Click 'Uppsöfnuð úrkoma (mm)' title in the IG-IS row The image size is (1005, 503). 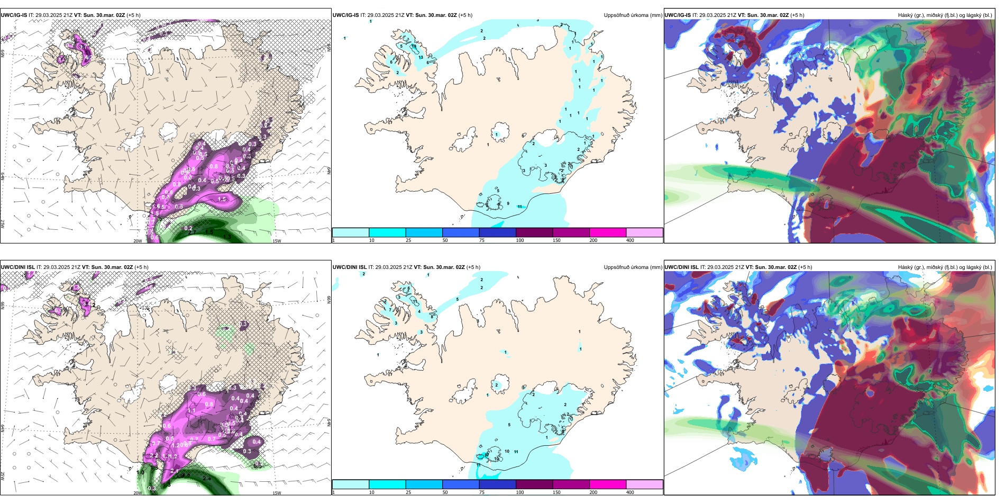[x=633, y=15]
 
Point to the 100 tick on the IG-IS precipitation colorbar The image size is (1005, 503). [x=520, y=240]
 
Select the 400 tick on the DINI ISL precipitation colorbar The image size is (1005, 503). [x=630, y=492]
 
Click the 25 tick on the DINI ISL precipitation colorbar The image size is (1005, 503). [x=408, y=492]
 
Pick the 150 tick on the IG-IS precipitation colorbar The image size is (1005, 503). [x=556, y=240]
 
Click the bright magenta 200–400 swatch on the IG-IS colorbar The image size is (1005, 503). [x=608, y=232]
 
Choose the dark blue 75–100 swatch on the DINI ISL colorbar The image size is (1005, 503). [x=497, y=484]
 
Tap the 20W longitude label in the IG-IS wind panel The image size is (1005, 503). [x=138, y=241]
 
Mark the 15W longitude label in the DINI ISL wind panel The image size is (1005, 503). [x=277, y=493]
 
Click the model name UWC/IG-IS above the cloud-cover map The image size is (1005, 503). [x=678, y=15]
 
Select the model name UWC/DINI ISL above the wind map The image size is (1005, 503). [x=17, y=267]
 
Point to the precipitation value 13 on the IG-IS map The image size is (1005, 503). [x=421, y=57]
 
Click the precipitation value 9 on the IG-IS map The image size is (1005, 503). [x=508, y=203]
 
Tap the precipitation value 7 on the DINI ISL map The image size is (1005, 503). [x=390, y=309]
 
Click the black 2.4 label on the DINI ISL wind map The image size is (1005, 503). [x=207, y=478]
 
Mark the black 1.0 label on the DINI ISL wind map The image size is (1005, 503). [x=140, y=472]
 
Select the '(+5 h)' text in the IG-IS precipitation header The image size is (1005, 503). [x=465, y=15]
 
